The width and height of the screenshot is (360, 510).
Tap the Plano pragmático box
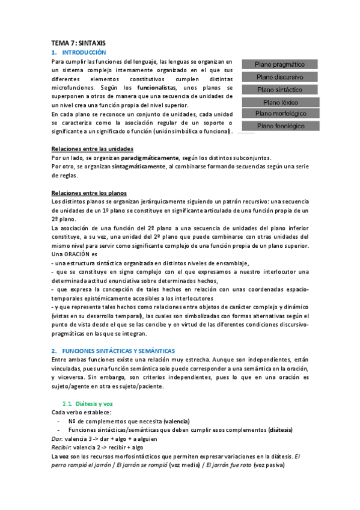tap(279, 64)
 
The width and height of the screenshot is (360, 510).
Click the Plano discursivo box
tap(279, 77)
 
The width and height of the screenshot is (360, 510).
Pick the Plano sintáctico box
tap(279, 90)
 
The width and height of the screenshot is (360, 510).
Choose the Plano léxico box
tap(279, 102)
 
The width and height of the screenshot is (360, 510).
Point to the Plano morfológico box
tap(279, 113)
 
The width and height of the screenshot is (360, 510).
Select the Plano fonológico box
tap(279, 126)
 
